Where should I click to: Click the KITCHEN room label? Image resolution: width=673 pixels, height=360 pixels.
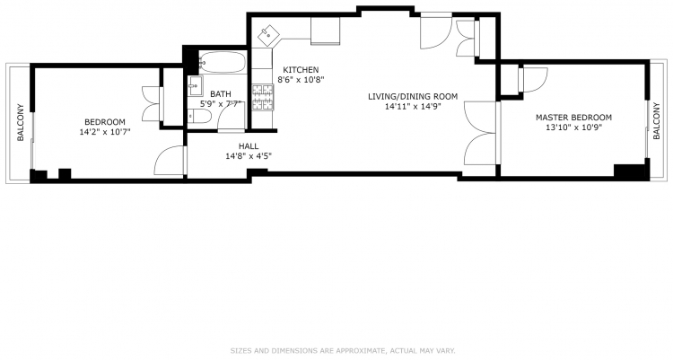pyautogui.click(x=301, y=70)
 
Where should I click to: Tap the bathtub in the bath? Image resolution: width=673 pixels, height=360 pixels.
pyautogui.click(x=223, y=62)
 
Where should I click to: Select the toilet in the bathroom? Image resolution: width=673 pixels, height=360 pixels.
pyautogui.click(x=199, y=117)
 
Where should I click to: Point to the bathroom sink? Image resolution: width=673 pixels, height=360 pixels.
pyautogui.click(x=196, y=86)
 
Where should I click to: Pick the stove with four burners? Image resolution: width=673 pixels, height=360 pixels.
pyautogui.click(x=263, y=98)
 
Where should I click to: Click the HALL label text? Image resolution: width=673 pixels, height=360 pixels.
pyautogui.click(x=249, y=146)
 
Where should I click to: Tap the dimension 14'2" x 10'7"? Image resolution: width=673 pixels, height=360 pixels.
pyautogui.click(x=105, y=132)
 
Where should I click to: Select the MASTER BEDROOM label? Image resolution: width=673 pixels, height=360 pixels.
pyautogui.click(x=573, y=118)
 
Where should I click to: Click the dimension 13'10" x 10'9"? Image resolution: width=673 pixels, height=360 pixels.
pyautogui.click(x=573, y=127)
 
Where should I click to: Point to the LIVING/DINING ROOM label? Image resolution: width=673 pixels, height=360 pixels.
pyautogui.click(x=413, y=97)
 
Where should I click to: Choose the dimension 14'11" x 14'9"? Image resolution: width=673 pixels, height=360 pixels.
pyautogui.click(x=413, y=107)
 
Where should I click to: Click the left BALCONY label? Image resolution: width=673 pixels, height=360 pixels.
pyautogui.click(x=20, y=123)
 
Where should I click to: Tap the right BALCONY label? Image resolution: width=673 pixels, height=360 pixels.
pyautogui.click(x=656, y=120)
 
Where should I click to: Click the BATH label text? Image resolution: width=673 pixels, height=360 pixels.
pyautogui.click(x=221, y=94)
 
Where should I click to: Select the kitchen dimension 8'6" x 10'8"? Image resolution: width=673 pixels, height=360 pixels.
pyautogui.click(x=301, y=80)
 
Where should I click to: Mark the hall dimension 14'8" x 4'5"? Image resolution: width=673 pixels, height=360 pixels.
pyautogui.click(x=249, y=156)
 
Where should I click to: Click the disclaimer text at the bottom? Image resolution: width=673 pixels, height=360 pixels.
pyautogui.click(x=343, y=350)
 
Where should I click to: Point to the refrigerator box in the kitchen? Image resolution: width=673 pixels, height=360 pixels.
pyautogui.click(x=326, y=30)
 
